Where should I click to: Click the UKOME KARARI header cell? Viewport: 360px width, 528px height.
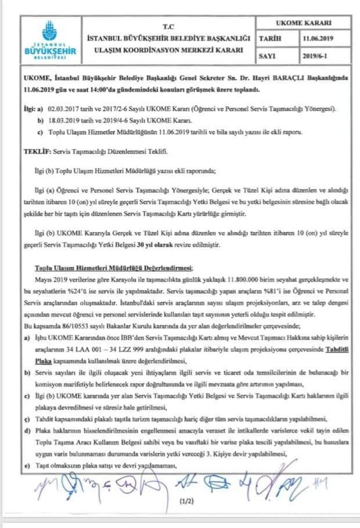pyautogui.click(x=304, y=23)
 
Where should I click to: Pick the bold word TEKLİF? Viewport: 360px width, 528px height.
pyautogui.click(x=37, y=152)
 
